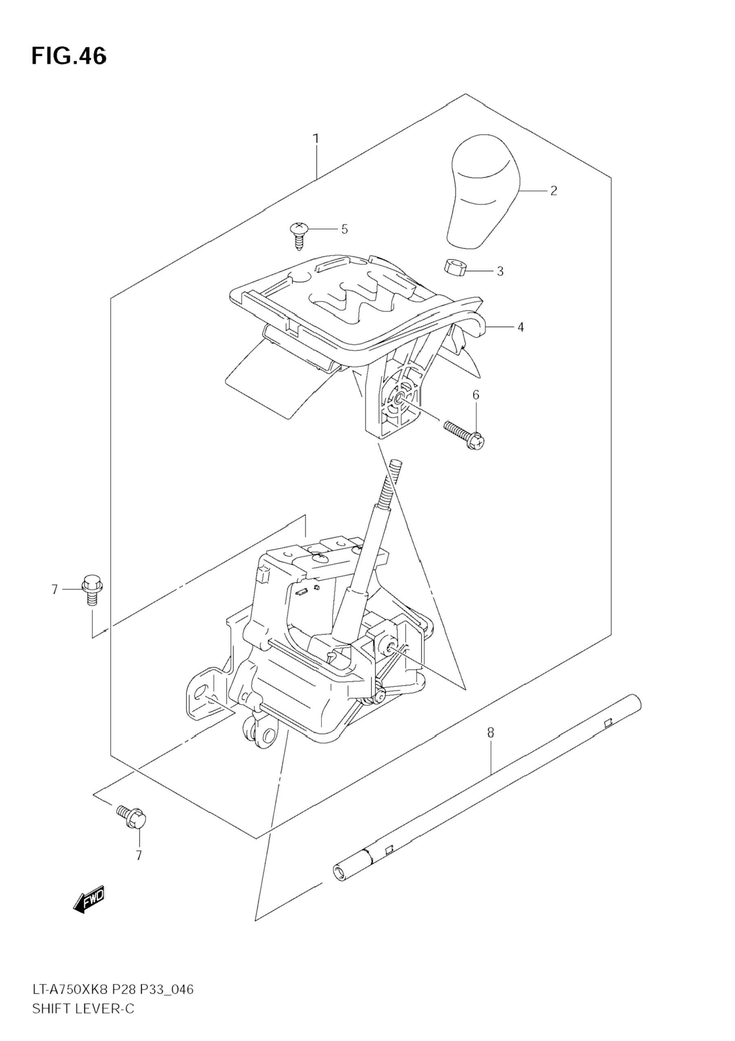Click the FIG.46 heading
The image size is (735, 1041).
[x=69, y=57]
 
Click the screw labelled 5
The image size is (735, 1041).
[x=298, y=234]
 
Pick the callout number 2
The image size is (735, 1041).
[x=553, y=191]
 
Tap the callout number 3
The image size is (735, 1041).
[x=500, y=271]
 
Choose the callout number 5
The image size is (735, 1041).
[x=344, y=230]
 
